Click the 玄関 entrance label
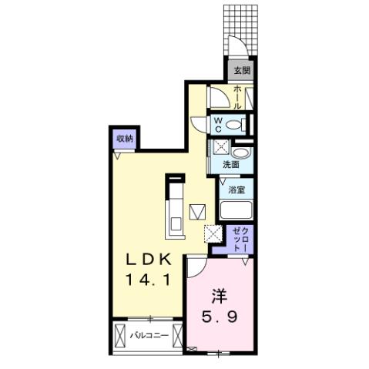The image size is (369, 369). pyautogui.click(x=243, y=70)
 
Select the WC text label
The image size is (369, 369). pyautogui.click(x=219, y=124)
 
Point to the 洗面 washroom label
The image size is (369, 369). pyautogui.click(x=231, y=165)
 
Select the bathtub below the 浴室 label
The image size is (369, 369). pyautogui.click(x=237, y=210)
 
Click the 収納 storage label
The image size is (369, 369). pyautogui.click(x=125, y=138)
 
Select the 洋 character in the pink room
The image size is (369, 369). pyautogui.click(x=220, y=295)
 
